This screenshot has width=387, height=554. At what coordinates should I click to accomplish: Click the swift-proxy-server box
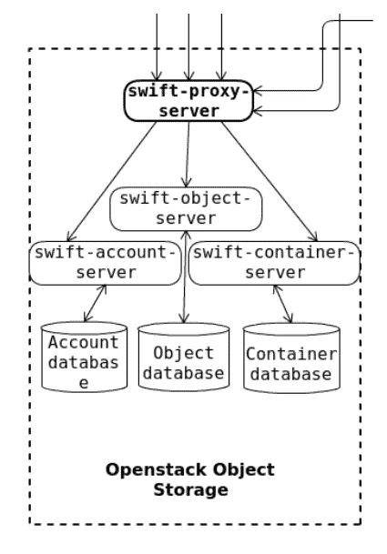click(189, 101)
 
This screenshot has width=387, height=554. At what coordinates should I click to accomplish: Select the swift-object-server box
click(185, 208)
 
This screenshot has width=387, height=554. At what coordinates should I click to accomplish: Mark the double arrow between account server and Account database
click(95, 303)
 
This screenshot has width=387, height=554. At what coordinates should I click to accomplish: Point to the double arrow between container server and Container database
click(284, 303)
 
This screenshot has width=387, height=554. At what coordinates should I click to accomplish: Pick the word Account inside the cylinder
click(83, 343)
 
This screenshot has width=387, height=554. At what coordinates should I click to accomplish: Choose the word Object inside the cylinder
click(183, 352)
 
